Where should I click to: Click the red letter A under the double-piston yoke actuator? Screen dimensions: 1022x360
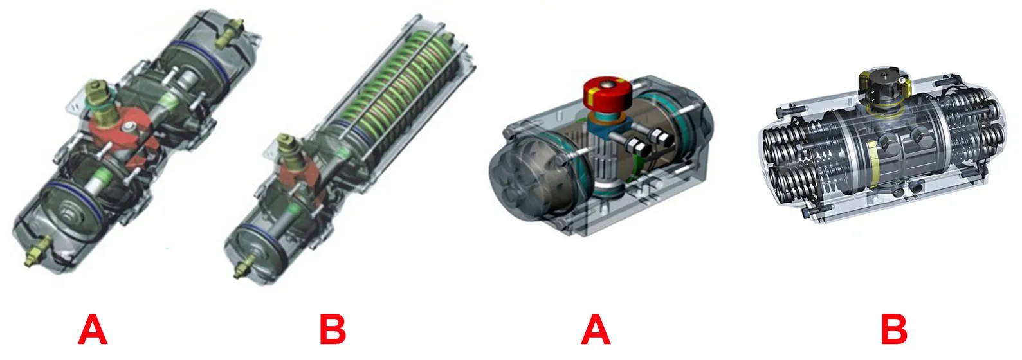[93, 329]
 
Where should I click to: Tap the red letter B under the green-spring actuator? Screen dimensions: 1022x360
[333, 329]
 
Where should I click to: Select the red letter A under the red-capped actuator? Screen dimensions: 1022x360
[596, 329]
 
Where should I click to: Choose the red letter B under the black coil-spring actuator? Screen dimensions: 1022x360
[894, 329]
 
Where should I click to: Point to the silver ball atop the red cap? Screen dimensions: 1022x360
[607, 85]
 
